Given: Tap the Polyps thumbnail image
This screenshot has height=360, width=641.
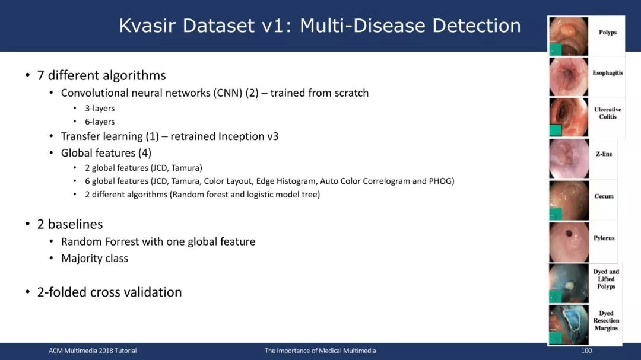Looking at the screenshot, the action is point(569,36).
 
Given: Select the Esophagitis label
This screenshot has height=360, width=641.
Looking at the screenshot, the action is point(608,73).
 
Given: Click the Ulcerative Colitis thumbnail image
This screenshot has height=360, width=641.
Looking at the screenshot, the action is point(569,117).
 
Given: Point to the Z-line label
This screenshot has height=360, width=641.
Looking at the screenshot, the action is point(604,154).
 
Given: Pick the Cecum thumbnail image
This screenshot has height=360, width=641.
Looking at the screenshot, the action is point(569,200).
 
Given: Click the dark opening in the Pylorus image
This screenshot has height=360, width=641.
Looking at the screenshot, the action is point(569,234).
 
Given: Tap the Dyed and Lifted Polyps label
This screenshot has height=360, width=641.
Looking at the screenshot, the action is point(606,279).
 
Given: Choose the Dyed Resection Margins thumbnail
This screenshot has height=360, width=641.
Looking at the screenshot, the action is point(569,325).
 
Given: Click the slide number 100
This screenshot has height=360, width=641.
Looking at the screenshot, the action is point(586,351).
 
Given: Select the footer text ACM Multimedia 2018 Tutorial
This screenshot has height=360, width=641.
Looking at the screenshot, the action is point(93,351).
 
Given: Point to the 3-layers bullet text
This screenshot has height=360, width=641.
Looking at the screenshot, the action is point(100,109).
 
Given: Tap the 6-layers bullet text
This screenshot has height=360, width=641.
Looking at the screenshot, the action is point(100,122).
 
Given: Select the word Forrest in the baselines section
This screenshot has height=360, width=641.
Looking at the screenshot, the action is point(122,242).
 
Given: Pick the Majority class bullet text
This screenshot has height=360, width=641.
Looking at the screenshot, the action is point(94,259).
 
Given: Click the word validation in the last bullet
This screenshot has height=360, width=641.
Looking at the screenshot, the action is point(157,292).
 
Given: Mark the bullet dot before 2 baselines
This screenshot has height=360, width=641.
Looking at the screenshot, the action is point(27,224).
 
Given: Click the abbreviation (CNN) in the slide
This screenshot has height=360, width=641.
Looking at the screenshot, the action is point(228,93).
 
